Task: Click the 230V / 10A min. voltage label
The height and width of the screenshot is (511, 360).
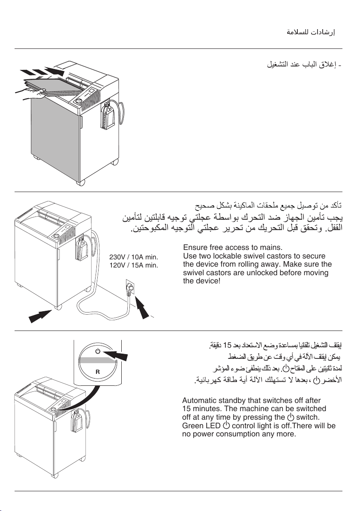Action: click(134, 257)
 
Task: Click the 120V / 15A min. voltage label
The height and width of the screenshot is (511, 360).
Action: click(134, 265)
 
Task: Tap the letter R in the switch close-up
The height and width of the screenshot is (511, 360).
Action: click(97, 372)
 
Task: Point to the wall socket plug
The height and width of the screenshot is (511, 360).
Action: click(129, 288)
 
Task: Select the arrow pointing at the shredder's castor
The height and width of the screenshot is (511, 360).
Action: click(40, 316)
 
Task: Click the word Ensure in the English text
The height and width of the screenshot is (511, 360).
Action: click(195, 247)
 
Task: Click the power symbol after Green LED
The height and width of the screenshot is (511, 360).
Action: click(226, 425)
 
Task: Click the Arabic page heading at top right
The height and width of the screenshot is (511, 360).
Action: click(311, 32)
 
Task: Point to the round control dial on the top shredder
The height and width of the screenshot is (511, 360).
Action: click(78, 101)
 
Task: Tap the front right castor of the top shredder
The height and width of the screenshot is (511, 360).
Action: click(81, 183)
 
